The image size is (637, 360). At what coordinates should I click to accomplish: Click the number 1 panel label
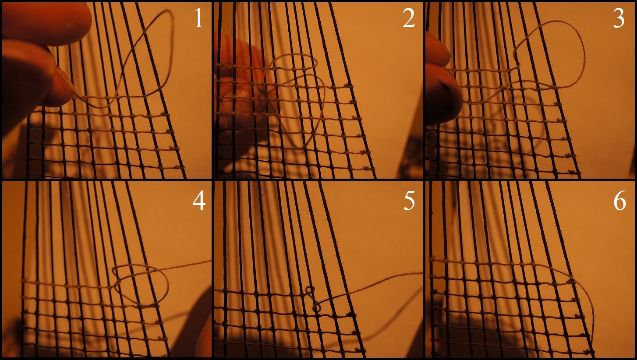coord(199,18)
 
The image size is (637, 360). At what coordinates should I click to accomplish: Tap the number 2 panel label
coord(409,18)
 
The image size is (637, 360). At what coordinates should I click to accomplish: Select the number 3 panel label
coord(619,18)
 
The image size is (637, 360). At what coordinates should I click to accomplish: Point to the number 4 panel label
coord(199,201)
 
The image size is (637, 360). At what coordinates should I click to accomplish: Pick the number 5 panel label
coord(409,201)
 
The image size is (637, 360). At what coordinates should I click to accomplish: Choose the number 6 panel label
coord(619,201)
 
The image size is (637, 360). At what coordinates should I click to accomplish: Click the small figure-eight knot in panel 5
coord(312,300)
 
